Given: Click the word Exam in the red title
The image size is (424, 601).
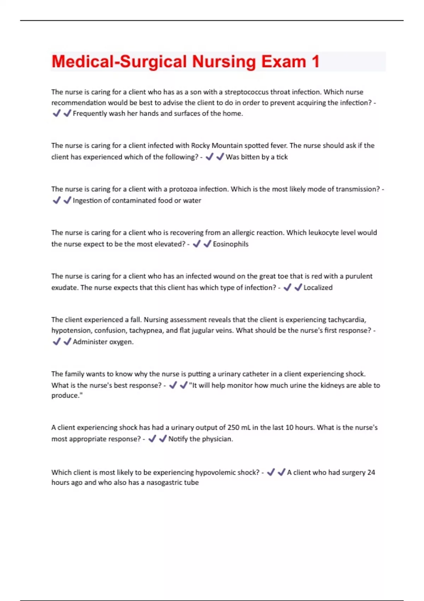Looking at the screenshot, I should [283, 62].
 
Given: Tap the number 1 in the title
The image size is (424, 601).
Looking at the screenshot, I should [315, 62].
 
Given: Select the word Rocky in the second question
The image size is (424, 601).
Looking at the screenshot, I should [200, 146].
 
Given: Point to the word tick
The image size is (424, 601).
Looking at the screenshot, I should [282, 157].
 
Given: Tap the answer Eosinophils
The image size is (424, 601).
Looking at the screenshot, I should [230, 244].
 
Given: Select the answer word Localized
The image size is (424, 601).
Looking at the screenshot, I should [318, 287].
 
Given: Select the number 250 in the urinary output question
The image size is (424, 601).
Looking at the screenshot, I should [233, 427].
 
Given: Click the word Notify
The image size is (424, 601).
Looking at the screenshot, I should [178, 439].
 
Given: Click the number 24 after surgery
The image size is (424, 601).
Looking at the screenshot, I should [371, 472].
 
